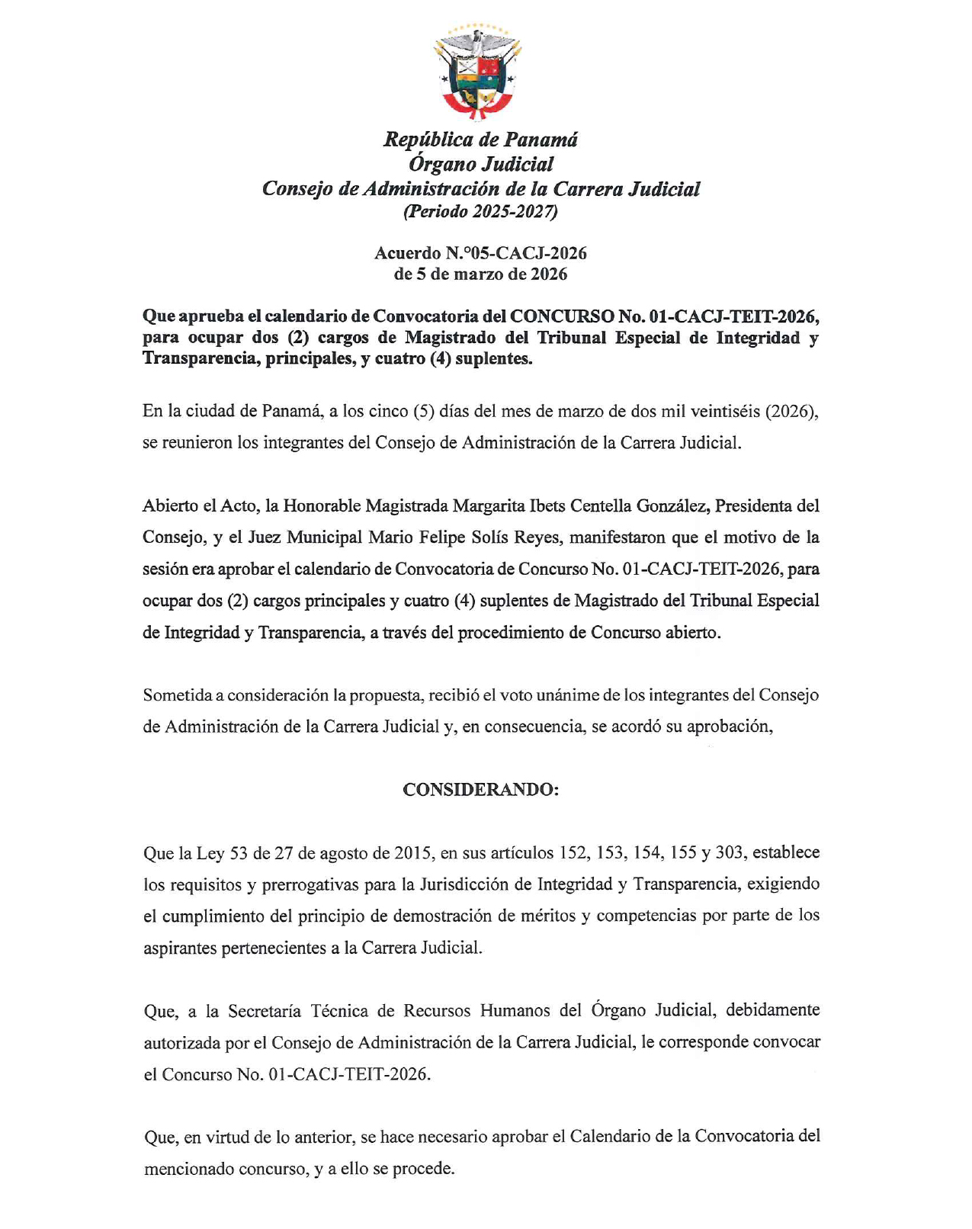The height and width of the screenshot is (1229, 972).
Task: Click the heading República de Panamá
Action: point(480,140)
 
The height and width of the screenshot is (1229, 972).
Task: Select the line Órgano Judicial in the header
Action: point(480,164)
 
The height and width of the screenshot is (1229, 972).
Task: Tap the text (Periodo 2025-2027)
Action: point(480,212)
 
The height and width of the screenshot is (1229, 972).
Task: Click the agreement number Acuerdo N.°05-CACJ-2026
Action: point(480,253)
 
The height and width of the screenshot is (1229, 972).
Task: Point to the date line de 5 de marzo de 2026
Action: point(480,274)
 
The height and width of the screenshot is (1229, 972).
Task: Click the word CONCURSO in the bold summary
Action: point(560,316)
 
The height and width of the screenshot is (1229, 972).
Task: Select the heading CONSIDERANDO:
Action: point(480,790)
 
